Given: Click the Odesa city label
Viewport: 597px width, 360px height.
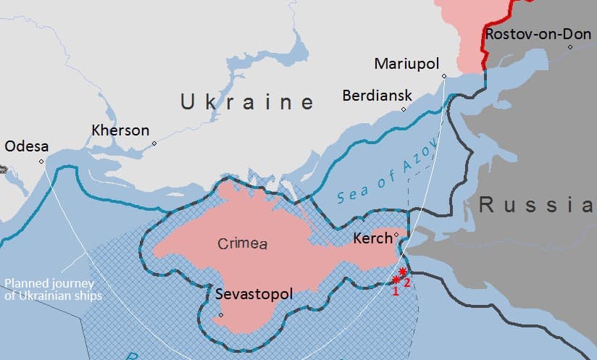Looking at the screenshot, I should click(x=26, y=146).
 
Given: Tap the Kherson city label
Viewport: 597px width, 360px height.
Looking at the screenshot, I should click(x=120, y=131).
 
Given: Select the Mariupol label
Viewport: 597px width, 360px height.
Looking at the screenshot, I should click(x=406, y=64).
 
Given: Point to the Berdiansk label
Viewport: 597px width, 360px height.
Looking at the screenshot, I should click(x=377, y=96).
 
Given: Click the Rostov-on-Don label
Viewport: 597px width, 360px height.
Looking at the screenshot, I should click(x=540, y=34).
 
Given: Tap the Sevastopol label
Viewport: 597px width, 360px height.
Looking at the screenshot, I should click(x=254, y=295).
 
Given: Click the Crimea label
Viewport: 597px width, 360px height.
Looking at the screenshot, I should click(x=242, y=244).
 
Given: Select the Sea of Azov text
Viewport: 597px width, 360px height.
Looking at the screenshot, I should click(x=388, y=171).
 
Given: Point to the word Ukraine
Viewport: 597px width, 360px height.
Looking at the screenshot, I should click(x=247, y=102).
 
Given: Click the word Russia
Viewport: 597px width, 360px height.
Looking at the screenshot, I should click(x=537, y=205).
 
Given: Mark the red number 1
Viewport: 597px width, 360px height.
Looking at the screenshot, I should click(x=396, y=291).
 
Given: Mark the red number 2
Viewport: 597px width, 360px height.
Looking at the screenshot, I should click(x=407, y=282).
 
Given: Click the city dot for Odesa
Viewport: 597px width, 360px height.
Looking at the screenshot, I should click(x=41, y=162).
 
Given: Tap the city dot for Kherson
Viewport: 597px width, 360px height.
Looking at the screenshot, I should click(x=154, y=143).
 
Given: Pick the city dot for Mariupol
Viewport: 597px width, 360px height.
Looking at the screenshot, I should click(x=444, y=76).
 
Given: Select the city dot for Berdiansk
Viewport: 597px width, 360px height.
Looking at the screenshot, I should click(x=404, y=109).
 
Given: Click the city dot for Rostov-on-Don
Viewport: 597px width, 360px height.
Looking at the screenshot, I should click(x=571, y=47).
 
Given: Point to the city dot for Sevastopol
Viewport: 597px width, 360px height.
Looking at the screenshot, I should click(x=220, y=315).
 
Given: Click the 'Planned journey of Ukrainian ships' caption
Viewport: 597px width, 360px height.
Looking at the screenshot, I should click(x=53, y=290).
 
